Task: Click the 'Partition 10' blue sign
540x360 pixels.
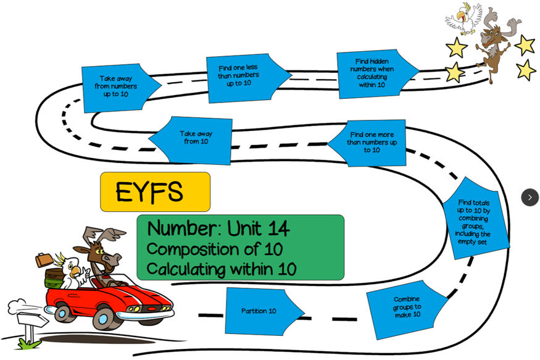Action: tap(260, 311)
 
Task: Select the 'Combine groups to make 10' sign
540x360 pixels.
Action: tap(407, 308)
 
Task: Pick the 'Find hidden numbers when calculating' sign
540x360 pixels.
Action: tap(372, 73)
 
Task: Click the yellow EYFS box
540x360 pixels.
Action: tap(155, 192)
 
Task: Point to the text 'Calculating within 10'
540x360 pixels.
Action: tap(222, 269)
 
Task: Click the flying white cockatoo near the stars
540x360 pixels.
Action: tap(463, 17)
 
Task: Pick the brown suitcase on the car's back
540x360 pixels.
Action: tap(44, 260)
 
